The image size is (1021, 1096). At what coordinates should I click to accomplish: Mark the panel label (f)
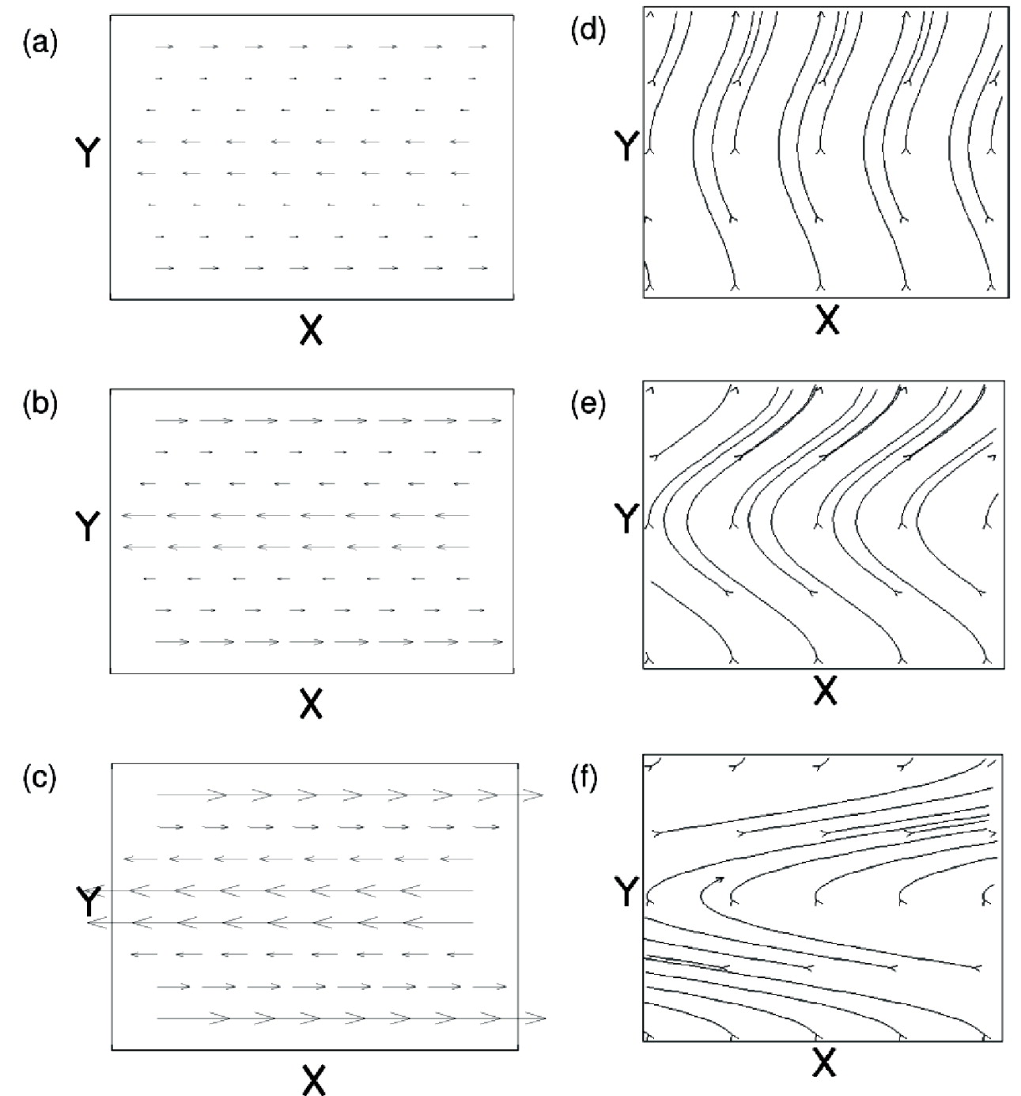coord(585,779)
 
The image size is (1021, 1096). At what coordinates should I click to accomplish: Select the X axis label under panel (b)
coord(312,703)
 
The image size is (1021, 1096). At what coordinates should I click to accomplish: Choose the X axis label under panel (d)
coord(826,320)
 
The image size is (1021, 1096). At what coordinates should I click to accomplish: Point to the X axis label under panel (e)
coord(825,691)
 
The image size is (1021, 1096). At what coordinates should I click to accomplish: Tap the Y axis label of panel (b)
coord(87,525)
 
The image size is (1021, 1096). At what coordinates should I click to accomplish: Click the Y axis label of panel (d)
coord(626,146)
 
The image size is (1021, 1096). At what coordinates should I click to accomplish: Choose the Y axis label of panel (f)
coord(626,892)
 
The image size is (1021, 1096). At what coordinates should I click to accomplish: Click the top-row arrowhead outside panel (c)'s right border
coord(536,795)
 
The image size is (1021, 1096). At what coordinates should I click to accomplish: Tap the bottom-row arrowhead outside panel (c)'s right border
coord(538,1018)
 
